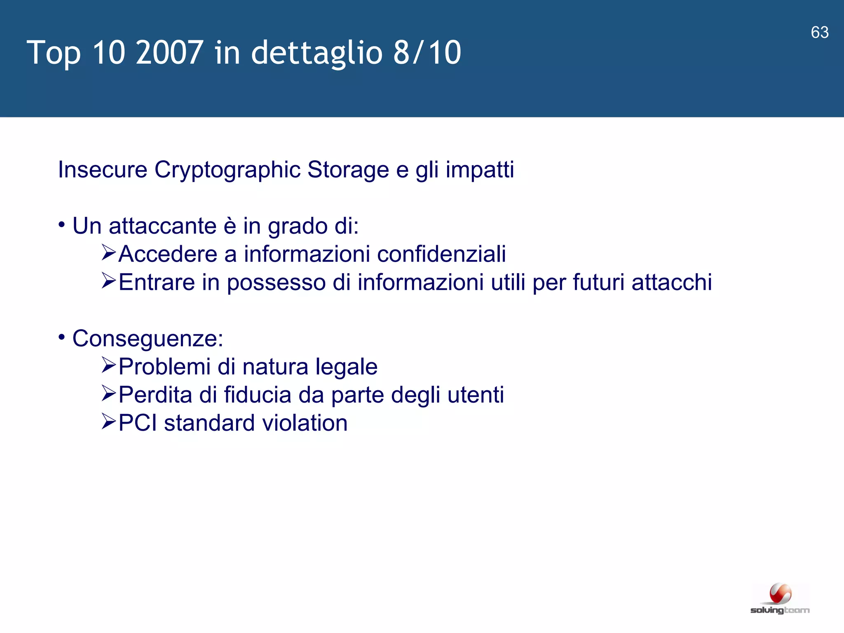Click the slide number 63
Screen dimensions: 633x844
(819, 33)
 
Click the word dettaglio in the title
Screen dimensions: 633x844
(316, 53)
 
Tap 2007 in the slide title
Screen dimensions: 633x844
(169, 53)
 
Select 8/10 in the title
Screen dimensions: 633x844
(427, 53)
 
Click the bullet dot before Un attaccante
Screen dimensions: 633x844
(62, 225)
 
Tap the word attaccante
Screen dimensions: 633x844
(162, 226)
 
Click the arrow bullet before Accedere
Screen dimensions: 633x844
(109, 252)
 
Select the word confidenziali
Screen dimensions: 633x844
(441, 254)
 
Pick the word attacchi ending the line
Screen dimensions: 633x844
(672, 282)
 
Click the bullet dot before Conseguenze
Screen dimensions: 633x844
(62, 338)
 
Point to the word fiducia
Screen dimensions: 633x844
(258, 395)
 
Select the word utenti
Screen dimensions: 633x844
(476, 395)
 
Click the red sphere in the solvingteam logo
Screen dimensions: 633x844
(780, 594)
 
